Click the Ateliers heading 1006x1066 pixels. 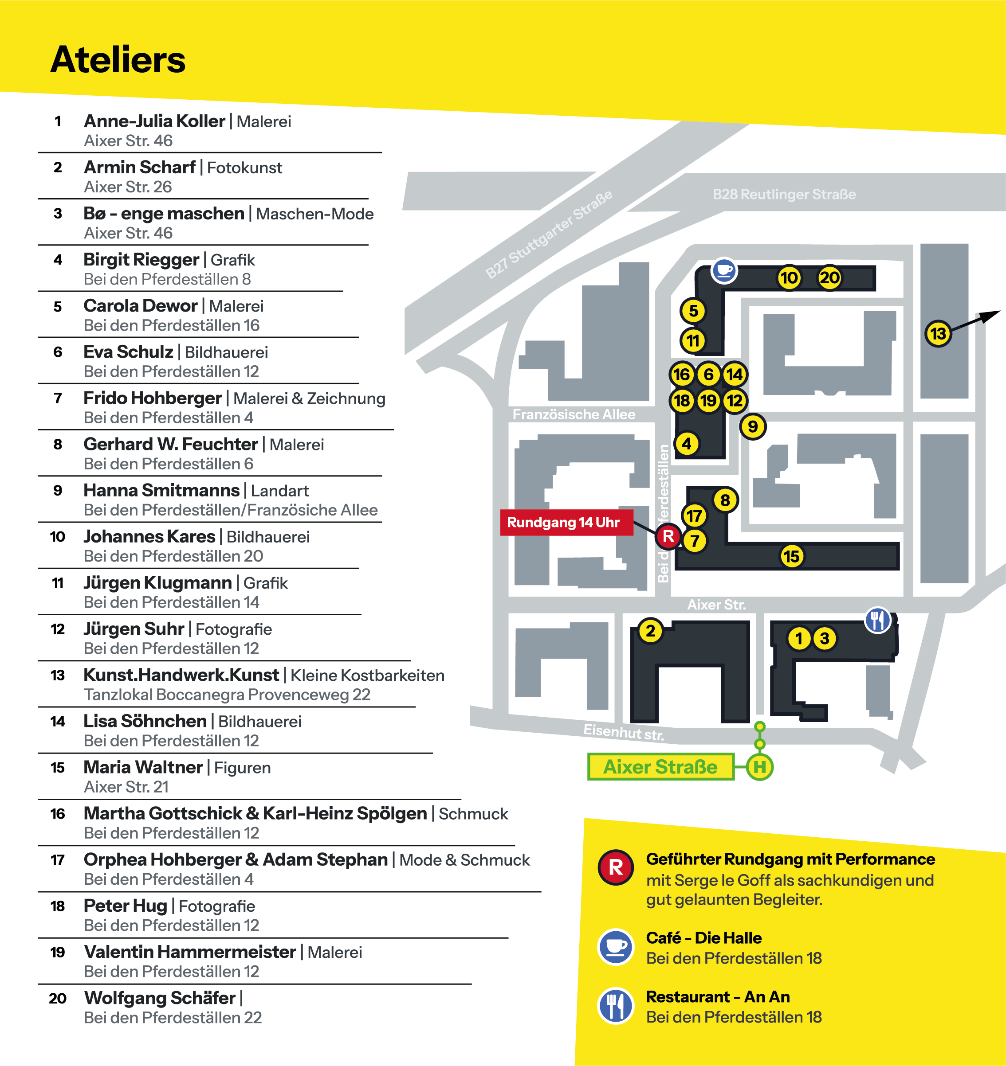coord(118,59)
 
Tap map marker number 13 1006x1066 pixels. coord(938,333)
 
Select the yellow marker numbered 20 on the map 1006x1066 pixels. coord(829,278)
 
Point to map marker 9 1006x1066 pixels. coord(753,426)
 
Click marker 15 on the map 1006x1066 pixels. coord(791,556)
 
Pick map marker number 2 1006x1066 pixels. coord(651,631)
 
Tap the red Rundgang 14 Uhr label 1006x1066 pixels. coord(563,522)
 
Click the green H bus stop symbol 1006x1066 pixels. coord(760,767)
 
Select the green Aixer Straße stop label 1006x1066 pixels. coord(660,767)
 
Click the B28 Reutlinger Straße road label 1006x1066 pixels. coord(784,194)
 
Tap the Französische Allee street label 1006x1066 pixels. coord(574,414)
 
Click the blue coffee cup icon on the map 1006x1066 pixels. coord(724,270)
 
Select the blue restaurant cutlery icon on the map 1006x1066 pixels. coord(878,621)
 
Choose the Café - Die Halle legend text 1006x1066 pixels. coord(703,938)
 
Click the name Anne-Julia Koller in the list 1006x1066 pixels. coord(154,121)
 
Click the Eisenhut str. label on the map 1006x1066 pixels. coord(624,732)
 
